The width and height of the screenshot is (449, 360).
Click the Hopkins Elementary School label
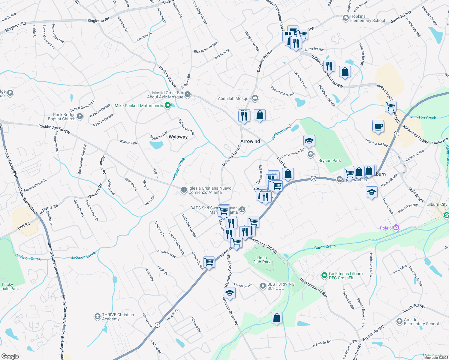tap(367, 19)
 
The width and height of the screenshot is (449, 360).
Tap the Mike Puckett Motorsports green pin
tap(168, 105)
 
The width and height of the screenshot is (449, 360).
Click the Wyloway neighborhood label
tap(178, 137)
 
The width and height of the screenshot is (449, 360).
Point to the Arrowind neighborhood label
tap(250, 141)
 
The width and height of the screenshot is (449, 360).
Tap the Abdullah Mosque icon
tap(255, 98)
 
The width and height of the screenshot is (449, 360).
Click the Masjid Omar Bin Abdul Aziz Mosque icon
tap(188, 94)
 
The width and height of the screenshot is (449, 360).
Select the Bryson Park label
tap(330, 160)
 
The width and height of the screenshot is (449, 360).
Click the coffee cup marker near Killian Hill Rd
tap(378, 126)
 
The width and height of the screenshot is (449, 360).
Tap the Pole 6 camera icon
tap(396, 228)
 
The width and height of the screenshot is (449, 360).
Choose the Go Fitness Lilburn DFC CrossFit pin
tap(324, 275)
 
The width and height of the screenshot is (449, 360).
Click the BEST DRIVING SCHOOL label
tap(281, 286)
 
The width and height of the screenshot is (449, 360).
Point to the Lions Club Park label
tap(261, 260)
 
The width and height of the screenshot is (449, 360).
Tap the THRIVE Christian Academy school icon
tap(97, 316)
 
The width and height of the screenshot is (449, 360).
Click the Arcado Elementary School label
tap(421, 322)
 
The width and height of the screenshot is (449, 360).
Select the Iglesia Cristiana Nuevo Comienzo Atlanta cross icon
tap(184, 190)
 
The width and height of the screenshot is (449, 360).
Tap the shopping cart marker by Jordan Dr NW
tap(209, 262)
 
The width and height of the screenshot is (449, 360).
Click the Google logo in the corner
tap(10, 356)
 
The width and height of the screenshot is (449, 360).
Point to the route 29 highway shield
tap(313, 179)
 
